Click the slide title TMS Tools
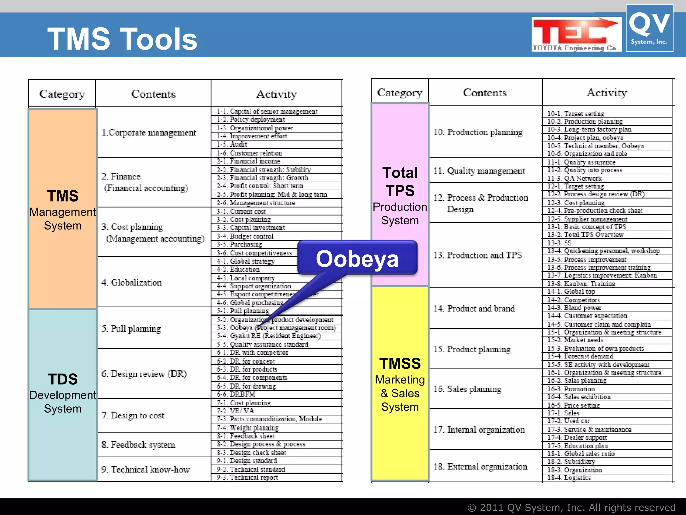click(122, 39)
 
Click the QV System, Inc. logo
click(649, 28)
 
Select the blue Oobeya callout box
click(357, 259)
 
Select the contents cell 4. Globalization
click(132, 282)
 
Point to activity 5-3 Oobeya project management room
click(276, 328)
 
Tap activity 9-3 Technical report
click(247, 478)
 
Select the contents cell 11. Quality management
click(479, 171)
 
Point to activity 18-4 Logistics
click(569, 478)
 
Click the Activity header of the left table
click(276, 94)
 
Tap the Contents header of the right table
click(485, 93)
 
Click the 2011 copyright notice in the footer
click(571, 507)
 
